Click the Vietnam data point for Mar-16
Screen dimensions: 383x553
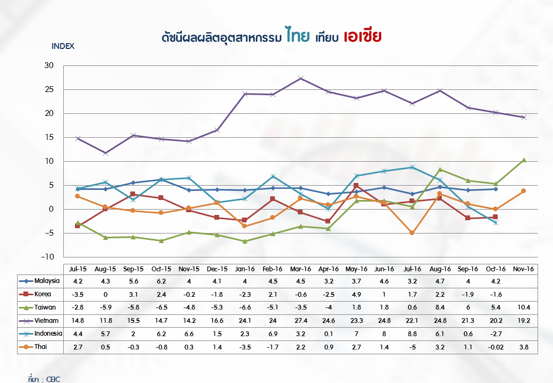pyautogui.click(x=300, y=78)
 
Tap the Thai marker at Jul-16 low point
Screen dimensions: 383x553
pyautogui.click(x=412, y=233)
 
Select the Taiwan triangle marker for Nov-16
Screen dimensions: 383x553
pyautogui.click(x=523, y=160)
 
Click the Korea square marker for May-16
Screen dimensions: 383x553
pyautogui.click(x=356, y=186)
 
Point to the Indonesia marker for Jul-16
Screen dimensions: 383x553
pyautogui.click(x=412, y=167)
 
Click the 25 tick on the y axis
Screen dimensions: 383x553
pyautogui.click(x=49, y=89)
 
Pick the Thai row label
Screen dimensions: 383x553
pyautogui.click(x=40, y=347)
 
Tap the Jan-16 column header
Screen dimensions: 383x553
pyautogui.click(x=245, y=269)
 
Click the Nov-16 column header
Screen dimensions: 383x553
pyautogui.click(x=523, y=269)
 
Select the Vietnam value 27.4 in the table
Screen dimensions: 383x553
pyautogui.click(x=300, y=321)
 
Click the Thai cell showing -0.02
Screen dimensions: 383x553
pyautogui.click(x=495, y=347)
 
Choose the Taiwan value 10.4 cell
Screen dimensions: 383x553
pyautogui.click(x=523, y=307)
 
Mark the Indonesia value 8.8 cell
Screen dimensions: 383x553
pyautogui.click(x=412, y=334)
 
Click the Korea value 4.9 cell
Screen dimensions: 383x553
pyautogui.click(x=356, y=294)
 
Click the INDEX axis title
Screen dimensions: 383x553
pyautogui.click(x=63, y=46)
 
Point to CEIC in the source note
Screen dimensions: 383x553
pyautogui.click(x=53, y=379)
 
